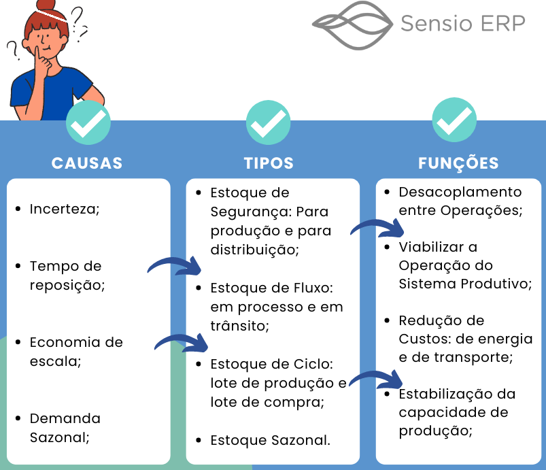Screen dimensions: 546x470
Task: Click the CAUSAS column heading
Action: point(87,163)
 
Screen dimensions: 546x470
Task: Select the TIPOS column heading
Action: point(269,163)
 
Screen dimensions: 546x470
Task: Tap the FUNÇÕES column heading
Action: point(458,163)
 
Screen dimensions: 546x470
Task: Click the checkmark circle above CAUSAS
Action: point(88,122)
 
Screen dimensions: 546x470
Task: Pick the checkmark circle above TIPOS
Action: point(269,122)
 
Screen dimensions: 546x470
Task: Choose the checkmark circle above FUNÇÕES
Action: point(455,122)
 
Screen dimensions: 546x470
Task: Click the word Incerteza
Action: point(65,209)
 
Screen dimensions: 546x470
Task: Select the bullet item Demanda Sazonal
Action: point(65,427)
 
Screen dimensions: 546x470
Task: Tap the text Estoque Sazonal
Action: point(270,440)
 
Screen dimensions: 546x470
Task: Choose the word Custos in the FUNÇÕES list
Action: point(422,338)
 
